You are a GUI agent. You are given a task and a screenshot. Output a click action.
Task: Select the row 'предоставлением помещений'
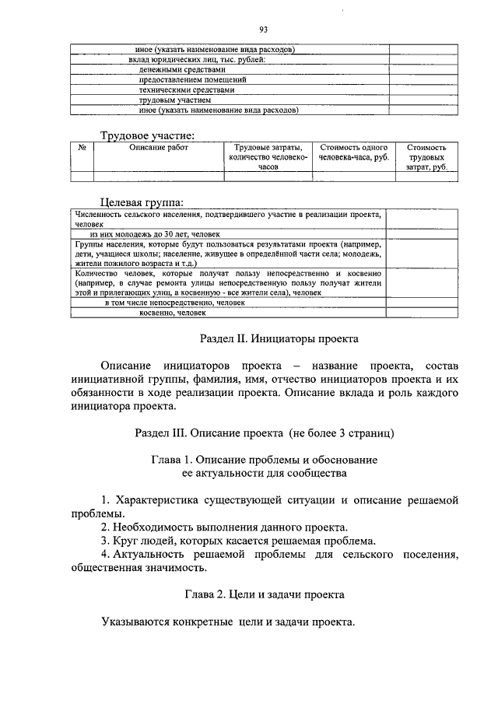point(193,79)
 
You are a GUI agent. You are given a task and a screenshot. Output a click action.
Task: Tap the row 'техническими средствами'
point(186,89)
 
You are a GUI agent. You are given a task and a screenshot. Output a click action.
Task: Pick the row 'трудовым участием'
point(175,100)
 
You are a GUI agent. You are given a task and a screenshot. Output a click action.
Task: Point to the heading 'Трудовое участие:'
point(147,136)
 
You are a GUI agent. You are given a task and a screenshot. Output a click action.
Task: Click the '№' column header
point(82,147)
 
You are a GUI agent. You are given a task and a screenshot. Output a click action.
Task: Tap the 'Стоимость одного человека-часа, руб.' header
point(354,152)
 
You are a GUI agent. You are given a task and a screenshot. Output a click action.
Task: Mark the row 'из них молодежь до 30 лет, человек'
point(155,233)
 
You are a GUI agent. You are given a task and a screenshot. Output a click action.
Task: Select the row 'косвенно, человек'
point(173,313)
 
